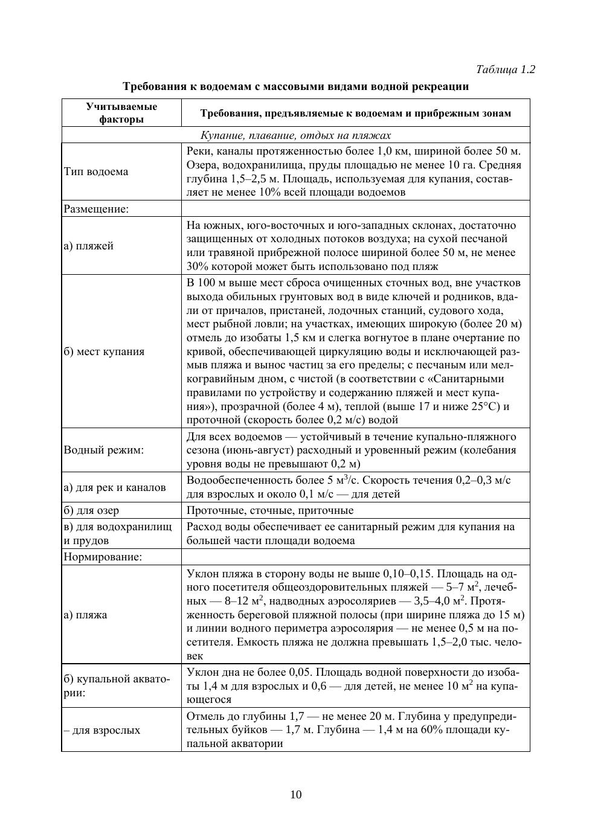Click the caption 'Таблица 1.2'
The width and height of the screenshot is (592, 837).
coord(506,69)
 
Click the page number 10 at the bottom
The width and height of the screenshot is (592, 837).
coord(296,794)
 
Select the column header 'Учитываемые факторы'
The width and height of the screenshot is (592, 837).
coord(121,113)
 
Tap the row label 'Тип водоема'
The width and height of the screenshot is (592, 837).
coord(96,172)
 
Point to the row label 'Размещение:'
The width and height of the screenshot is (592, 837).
coord(96,209)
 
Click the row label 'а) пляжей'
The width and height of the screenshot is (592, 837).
coord(89,246)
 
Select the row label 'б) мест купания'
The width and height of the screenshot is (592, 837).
coord(104,351)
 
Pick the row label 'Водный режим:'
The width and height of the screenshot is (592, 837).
coord(104,450)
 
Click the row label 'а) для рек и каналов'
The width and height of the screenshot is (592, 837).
coord(115,487)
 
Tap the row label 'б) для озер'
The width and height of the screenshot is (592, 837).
coord(91,510)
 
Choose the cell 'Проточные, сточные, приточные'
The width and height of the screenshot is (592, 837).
coord(278,510)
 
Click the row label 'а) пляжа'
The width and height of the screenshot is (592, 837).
coord(85,615)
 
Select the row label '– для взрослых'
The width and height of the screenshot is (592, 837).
coord(102,730)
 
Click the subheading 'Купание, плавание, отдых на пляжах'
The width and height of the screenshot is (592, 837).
coord(295,135)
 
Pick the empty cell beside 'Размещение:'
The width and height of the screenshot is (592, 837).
coord(355,209)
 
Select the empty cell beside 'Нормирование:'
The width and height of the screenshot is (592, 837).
coord(355,557)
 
